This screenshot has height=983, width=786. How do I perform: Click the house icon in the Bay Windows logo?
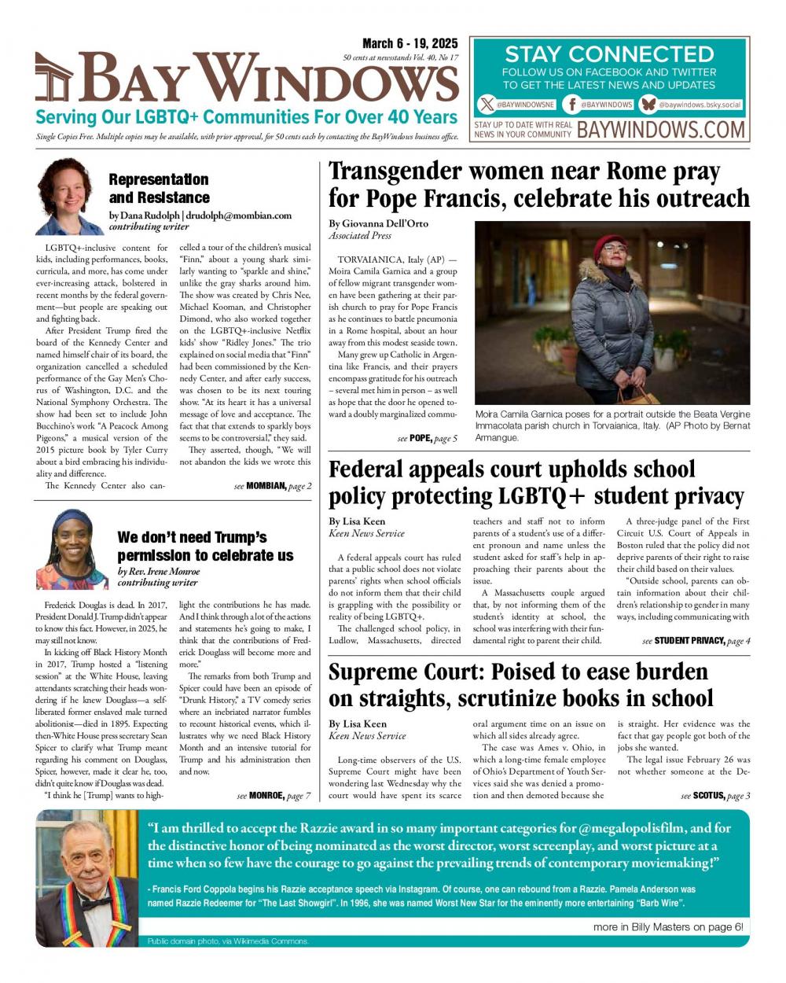click(x=54, y=78)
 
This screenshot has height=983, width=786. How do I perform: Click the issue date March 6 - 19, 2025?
click(x=410, y=44)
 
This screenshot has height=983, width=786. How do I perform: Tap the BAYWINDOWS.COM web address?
click(x=661, y=129)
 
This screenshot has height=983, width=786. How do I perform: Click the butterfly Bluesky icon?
click(x=648, y=104)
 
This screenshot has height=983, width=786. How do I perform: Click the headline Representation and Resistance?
click(x=159, y=189)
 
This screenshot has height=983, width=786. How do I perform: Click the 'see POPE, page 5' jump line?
click(x=427, y=438)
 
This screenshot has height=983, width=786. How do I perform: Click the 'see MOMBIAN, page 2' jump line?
click(x=273, y=486)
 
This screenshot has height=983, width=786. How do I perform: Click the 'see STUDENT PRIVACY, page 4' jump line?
click(x=696, y=641)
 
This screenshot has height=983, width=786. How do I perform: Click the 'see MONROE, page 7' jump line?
click(x=274, y=796)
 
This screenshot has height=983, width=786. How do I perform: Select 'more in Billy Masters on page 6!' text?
click(x=667, y=927)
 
